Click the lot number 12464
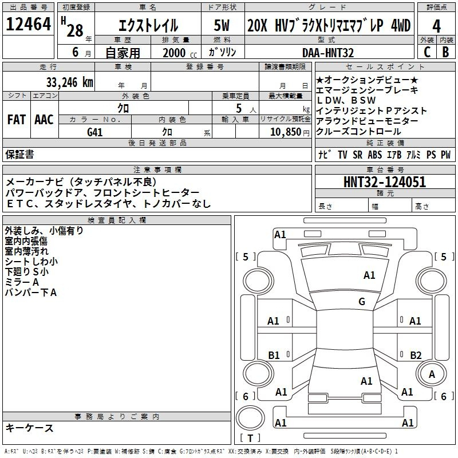coord(28,24)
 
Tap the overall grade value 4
coord(436,26)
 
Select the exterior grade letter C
coord(427,52)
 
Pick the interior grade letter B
coord(445,52)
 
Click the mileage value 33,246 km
coord(69,82)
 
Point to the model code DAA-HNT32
coord(328,53)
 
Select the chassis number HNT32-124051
coord(385,182)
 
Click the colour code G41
coord(95,132)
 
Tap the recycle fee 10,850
coord(286,132)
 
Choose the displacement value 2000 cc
coord(180,53)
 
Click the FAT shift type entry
coord(17,120)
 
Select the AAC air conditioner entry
coord(44,120)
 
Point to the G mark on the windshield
coord(362,301)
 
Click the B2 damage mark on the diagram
coord(416,355)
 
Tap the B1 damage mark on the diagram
coord(274,355)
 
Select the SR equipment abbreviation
coord(357,155)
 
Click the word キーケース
coord(30,428)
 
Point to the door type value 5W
coord(222,25)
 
